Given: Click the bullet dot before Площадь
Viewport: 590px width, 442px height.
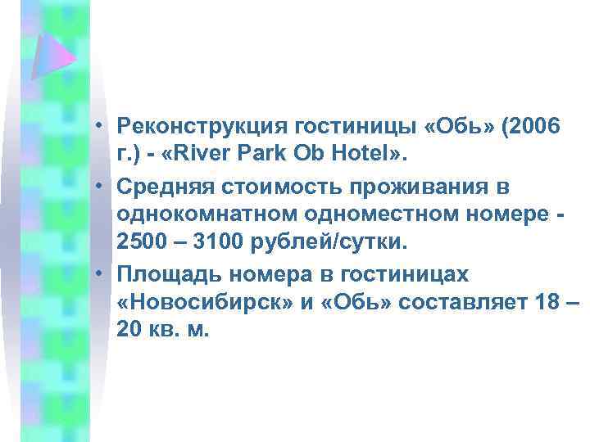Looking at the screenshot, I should click(97, 274).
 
